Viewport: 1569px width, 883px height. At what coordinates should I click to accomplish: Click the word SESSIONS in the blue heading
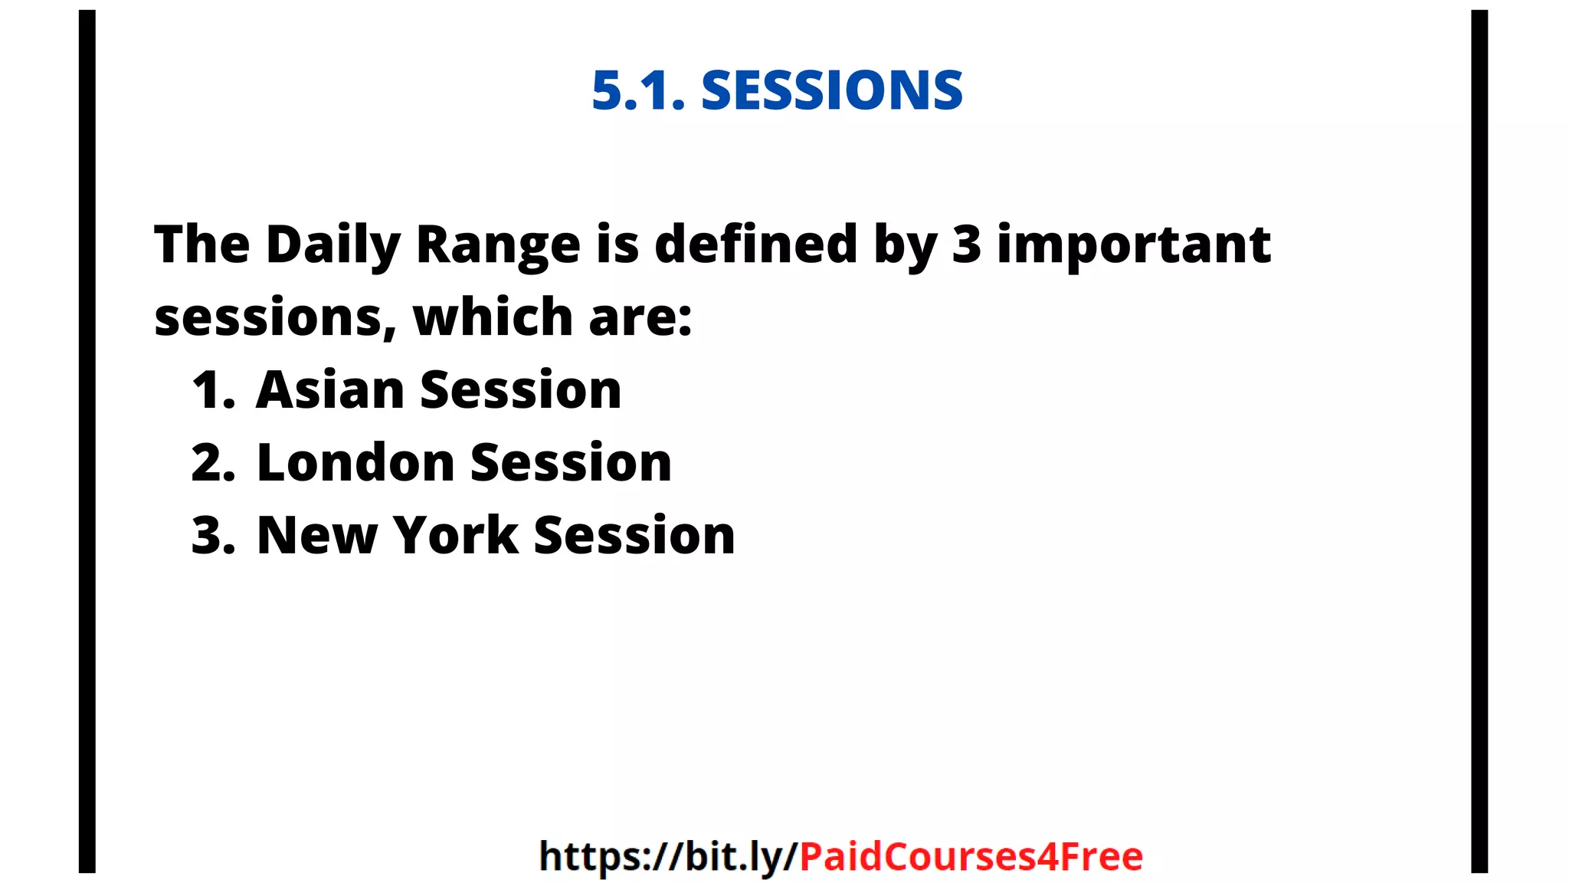tap(831, 90)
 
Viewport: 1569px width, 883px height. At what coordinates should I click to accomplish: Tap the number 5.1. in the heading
tap(638, 90)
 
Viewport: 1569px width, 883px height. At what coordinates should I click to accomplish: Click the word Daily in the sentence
tap(333, 245)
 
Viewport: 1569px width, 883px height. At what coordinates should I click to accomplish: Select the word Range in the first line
tap(498, 245)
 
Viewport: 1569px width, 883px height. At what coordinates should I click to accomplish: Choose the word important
tap(1134, 245)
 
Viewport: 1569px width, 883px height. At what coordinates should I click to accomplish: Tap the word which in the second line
tap(493, 317)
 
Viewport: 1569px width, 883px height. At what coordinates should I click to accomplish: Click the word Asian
tap(330, 389)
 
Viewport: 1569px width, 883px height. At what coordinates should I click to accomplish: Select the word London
tap(356, 462)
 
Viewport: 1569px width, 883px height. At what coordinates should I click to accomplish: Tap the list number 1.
tap(212, 389)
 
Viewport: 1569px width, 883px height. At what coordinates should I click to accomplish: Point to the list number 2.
tap(212, 462)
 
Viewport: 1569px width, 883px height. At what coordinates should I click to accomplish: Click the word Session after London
tap(571, 462)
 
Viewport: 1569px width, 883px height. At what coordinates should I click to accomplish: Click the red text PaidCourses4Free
tap(971, 856)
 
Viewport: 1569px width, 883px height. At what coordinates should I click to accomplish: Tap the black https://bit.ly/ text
tap(669, 856)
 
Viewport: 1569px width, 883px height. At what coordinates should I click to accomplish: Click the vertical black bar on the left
tap(87, 441)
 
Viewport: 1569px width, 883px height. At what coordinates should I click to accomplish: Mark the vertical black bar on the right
tap(1479, 441)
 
